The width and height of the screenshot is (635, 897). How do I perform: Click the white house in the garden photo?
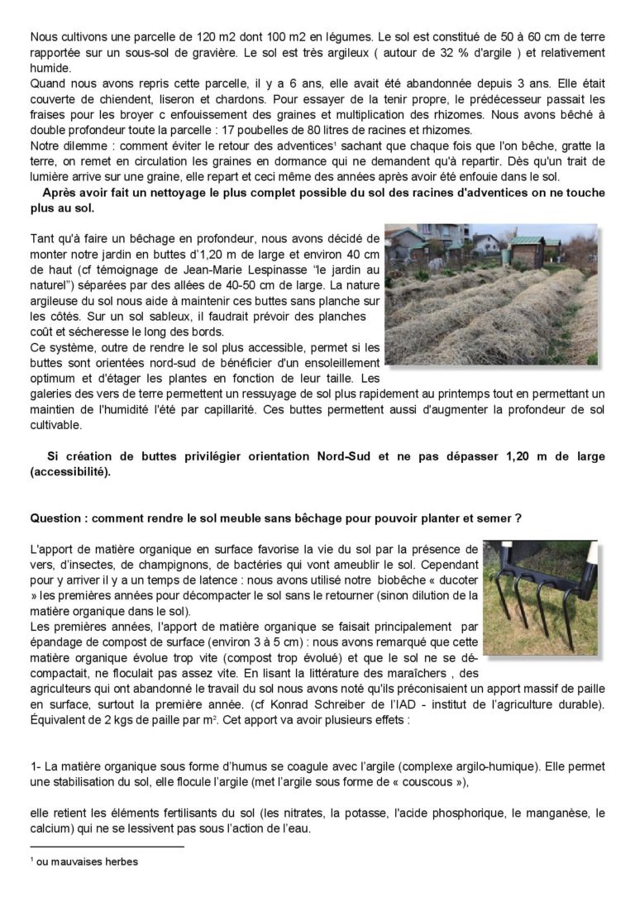point(485,243)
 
